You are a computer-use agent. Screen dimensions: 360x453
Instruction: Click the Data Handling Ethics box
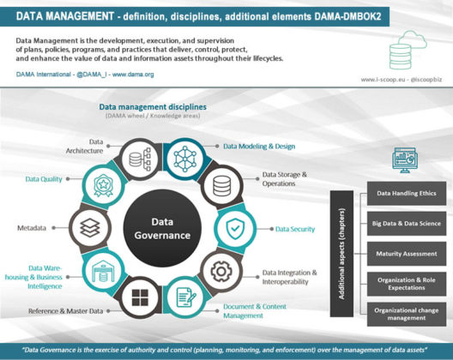(x=403, y=193)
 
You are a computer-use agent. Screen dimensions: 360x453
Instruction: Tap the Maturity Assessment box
(x=403, y=253)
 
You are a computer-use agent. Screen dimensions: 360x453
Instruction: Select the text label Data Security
(x=294, y=230)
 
